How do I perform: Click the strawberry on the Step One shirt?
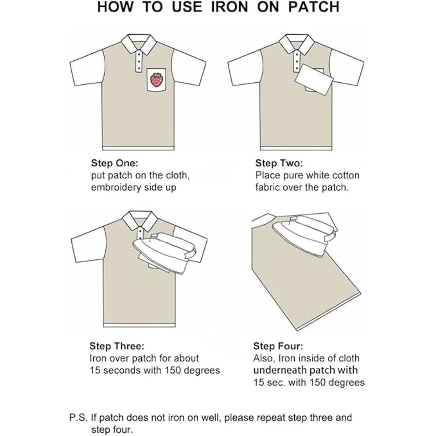coord(157,80)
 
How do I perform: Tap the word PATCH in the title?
coord(314,7)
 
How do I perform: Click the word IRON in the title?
coord(229,7)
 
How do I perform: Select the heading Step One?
coord(114,163)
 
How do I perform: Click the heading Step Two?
coord(279,163)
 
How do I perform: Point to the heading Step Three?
coord(117,346)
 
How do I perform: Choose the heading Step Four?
coord(278,346)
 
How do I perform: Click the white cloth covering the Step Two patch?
coord(315,80)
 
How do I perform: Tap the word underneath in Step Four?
coord(280,370)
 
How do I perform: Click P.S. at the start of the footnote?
coord(78,417)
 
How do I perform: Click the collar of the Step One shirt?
coord(138,44)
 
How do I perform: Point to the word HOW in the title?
coord(116,7)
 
